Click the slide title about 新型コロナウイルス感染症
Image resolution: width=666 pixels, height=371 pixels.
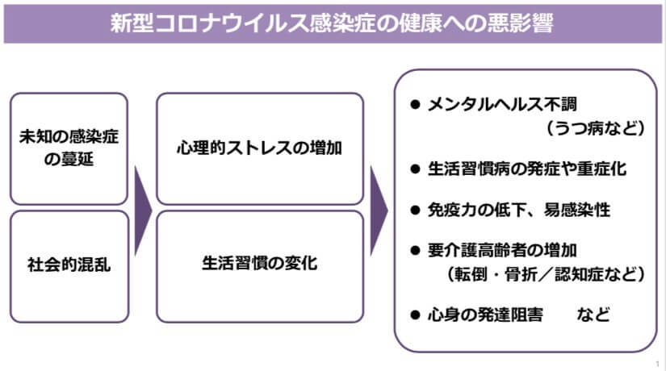click(332, 22)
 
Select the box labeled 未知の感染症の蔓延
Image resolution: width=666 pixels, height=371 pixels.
click(69, 148)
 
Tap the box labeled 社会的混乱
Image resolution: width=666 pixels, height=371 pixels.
click(69, 265)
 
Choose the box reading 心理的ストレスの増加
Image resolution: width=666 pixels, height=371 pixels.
click(259, 148)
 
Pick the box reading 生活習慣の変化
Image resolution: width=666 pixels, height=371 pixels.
click(259, 265)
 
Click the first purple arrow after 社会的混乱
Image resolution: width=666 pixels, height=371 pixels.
click(142, 208)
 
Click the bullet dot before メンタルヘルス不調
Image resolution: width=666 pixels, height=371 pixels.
click(415, 105)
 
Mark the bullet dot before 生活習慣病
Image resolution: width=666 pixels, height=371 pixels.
click(415, 169)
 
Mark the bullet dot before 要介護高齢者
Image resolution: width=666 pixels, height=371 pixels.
click(415, 250)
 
